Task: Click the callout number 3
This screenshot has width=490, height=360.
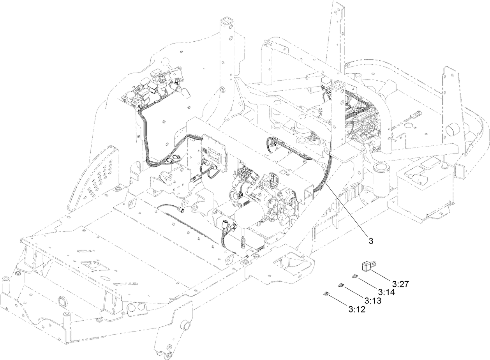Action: point(371,241)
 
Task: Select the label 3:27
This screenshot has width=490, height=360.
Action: point(400,284)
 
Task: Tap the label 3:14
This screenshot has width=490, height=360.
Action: point(386,292)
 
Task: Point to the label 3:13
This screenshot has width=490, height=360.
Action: point(372,301)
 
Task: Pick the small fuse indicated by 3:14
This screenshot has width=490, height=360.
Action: point(354,277)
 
